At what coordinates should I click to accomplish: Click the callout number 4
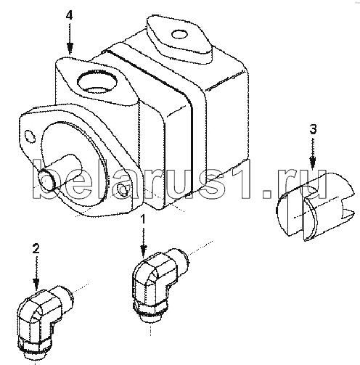[69, 16]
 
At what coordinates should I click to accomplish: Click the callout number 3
[313, 129]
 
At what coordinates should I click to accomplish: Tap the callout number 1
[144, 219]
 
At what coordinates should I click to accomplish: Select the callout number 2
[36, 248]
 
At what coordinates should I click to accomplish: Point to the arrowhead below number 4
[70, 49]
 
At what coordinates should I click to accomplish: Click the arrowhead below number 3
[313, 162]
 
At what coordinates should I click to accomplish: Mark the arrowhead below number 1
[144, 250]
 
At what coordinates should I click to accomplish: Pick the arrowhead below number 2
[36, 284]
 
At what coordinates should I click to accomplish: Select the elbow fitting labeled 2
[44, 322]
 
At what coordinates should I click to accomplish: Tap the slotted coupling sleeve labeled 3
[314, 207]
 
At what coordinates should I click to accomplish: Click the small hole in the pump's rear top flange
[180, 34]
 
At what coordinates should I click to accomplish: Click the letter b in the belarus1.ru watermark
[45, 179]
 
